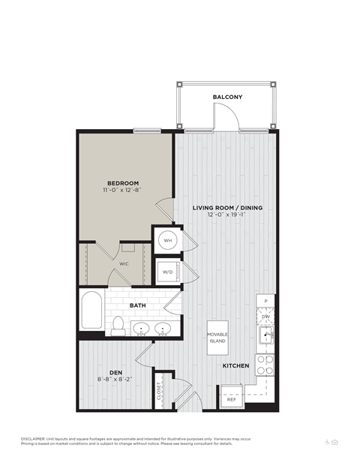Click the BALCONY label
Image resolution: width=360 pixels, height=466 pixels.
226,97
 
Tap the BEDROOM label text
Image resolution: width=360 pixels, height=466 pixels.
122,182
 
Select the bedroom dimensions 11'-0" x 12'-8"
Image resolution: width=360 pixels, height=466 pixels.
122,190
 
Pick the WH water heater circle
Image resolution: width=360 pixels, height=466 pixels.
167,241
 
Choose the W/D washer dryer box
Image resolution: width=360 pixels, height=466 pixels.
167,271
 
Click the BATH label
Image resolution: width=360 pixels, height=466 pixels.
137,305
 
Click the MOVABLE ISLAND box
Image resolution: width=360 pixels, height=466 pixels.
217,336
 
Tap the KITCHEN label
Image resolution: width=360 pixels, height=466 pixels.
235,365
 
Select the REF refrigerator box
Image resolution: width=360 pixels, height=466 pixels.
232,399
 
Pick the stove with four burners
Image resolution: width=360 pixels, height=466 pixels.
265,364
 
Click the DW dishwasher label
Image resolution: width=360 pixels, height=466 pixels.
265,317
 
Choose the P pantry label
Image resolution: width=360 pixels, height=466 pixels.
265,301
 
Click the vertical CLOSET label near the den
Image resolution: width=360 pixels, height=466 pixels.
160,392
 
